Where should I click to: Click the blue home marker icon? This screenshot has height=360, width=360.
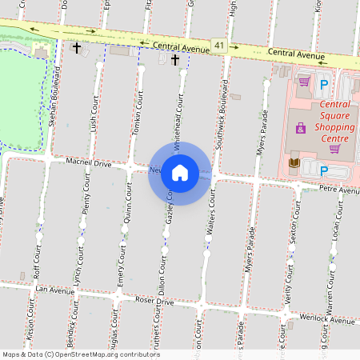(180, 172)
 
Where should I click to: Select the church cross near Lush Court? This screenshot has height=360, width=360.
(77, 49)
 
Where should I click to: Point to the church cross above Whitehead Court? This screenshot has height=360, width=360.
(174, 60)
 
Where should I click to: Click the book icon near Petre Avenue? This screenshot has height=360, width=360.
(294, 163)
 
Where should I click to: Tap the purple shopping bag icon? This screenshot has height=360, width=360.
(300, 128)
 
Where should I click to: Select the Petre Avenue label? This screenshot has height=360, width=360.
(340, 191)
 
